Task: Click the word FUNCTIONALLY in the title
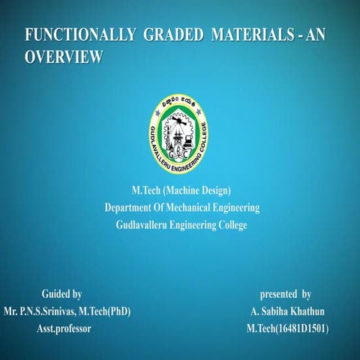74,35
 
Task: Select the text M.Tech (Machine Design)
181,190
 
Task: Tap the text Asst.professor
64,328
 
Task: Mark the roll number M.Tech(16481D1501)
287,328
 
